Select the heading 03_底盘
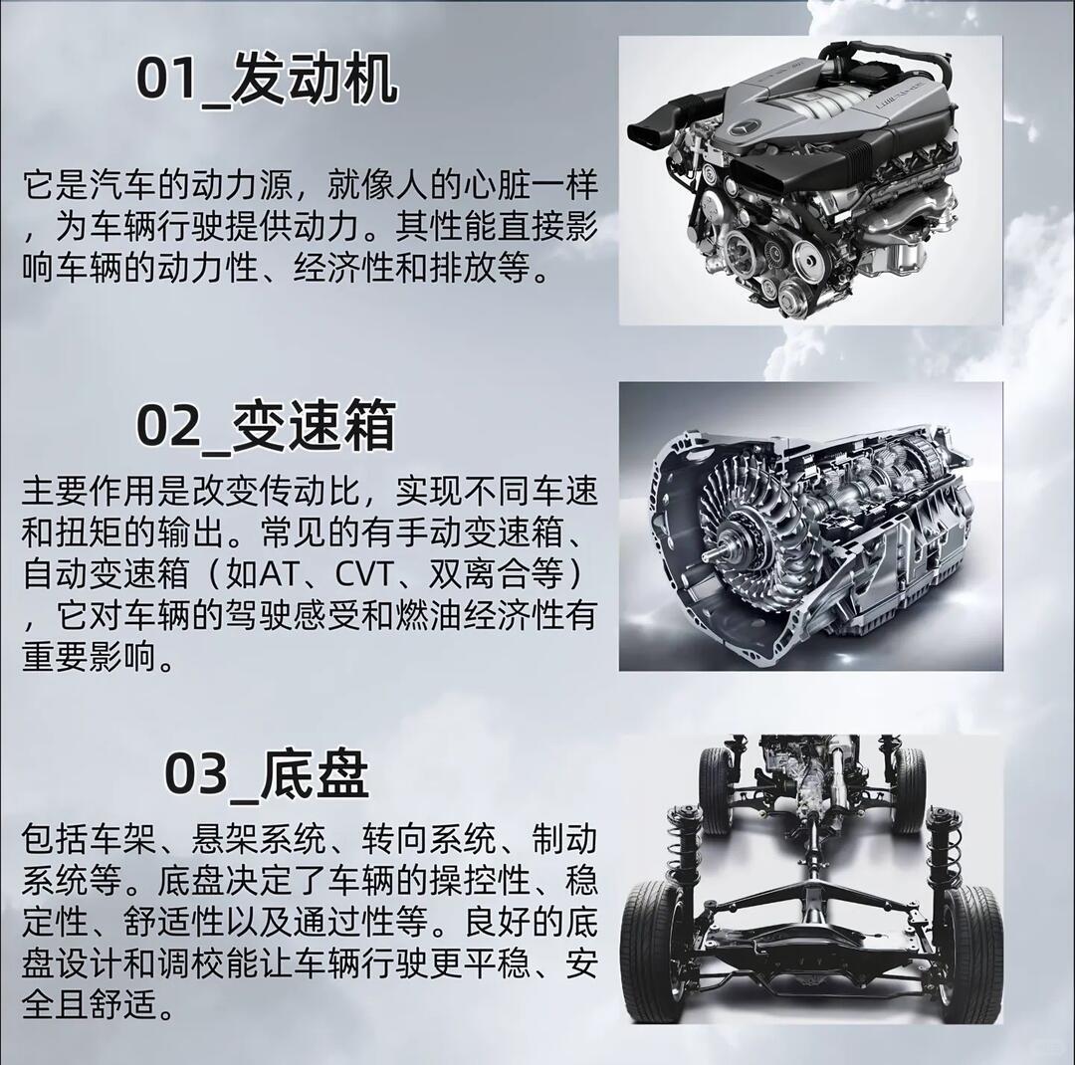coord(267,772)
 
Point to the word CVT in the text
coord(363,574)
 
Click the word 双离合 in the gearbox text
coord(479,574)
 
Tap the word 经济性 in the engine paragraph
coord(343,268)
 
